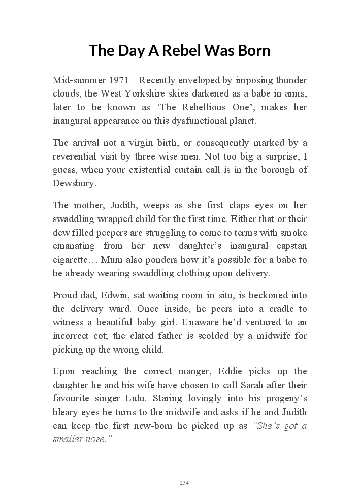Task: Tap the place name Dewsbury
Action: tap(74, 183)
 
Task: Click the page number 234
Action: tap(184, 483)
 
